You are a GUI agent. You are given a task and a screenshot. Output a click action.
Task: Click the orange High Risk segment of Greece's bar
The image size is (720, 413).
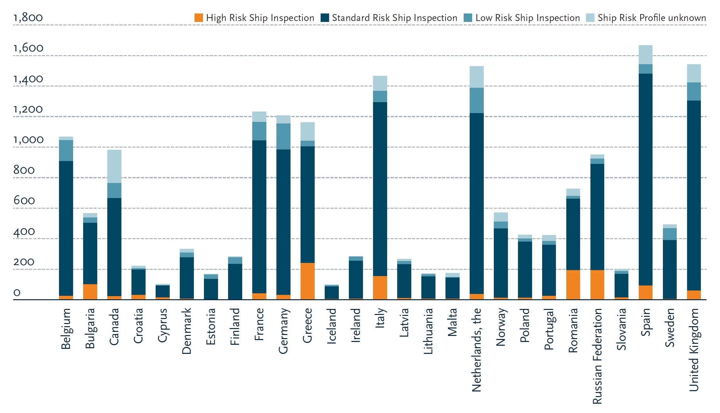(307, 281)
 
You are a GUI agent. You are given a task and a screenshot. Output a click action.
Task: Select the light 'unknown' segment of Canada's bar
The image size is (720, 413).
(114, 166)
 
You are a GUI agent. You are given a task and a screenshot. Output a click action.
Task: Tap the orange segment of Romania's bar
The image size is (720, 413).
(573, 285)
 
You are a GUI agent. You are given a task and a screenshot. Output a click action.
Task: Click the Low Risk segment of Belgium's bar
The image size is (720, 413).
(66, 150)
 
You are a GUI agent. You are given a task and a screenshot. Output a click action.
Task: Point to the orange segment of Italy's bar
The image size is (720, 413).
(380, 288)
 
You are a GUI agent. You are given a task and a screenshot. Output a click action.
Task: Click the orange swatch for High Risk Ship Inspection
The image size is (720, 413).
(199, 18)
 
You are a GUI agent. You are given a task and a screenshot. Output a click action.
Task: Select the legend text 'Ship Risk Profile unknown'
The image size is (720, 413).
(652, 18)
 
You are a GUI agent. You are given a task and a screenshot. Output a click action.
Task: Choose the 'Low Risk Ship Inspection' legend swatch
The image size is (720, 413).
(468, 18)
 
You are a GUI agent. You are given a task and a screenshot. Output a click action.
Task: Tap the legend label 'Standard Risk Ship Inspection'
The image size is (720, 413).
(394, 18)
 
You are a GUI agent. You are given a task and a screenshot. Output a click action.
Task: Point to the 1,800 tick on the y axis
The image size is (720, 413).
(28, 18)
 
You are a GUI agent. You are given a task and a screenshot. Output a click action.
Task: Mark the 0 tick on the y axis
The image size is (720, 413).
(17, 293)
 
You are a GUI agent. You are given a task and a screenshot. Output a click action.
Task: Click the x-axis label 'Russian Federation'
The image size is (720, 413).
(597, 356)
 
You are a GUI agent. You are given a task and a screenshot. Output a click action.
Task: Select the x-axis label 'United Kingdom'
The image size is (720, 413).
(694, 350)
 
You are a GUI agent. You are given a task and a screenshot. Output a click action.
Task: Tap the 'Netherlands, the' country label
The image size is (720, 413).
(476, 350)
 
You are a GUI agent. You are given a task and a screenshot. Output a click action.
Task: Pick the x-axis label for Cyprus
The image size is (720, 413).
(163, 325)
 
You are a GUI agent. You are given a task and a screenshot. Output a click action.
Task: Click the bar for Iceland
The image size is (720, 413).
(332, 292)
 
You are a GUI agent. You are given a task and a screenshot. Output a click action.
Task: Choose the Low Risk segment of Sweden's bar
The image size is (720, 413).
(669, 234)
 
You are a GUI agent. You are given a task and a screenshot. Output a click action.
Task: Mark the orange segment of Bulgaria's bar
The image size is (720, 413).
(90, 292)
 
